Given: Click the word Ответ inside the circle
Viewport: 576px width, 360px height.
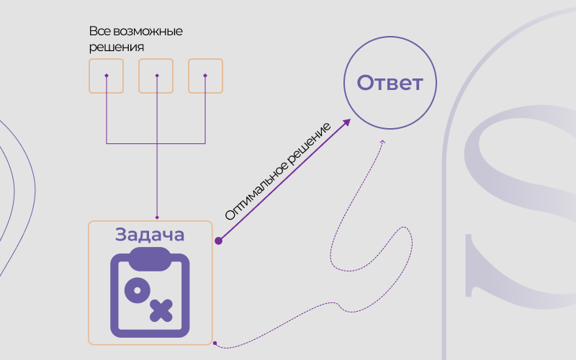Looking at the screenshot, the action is [390, 83].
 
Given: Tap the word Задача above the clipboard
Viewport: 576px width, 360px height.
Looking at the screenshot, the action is [150, 235].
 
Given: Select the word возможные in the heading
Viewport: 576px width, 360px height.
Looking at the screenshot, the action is [148, 31].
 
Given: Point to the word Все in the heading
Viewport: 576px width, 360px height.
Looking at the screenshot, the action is [100, 31].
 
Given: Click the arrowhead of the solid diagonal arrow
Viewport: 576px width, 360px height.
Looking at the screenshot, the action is [346, 122].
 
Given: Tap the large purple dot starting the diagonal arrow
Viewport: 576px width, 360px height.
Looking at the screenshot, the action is [219, 240].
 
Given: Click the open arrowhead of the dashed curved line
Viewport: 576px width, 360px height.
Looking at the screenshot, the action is [382, 142].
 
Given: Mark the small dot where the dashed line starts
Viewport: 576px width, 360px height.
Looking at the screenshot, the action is [215, 343].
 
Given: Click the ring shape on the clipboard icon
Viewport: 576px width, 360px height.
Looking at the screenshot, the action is [138, 290].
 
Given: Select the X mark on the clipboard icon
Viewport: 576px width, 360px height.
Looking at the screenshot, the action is [161, 311].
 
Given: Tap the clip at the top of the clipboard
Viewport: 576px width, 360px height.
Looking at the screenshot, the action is [150, 258].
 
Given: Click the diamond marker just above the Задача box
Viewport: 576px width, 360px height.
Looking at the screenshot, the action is [157, 217].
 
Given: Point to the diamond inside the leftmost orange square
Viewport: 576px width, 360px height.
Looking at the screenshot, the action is [107, 76].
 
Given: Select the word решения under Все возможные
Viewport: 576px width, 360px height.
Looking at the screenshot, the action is [117, 48].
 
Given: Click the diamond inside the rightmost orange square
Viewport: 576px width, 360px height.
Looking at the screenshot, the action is [205, 76].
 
